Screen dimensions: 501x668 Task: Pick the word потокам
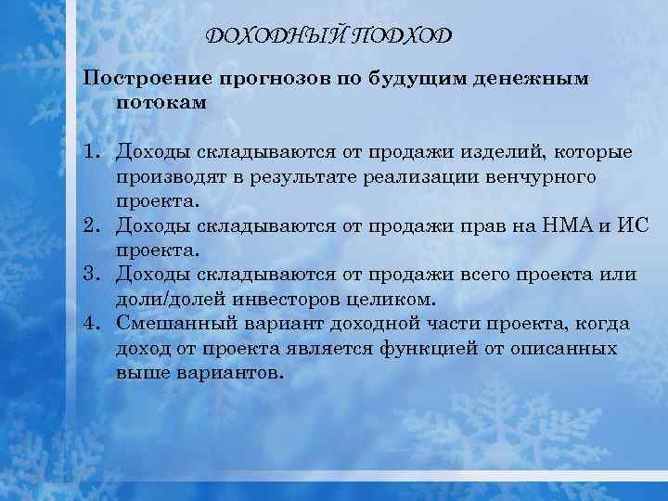pos(161,103)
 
